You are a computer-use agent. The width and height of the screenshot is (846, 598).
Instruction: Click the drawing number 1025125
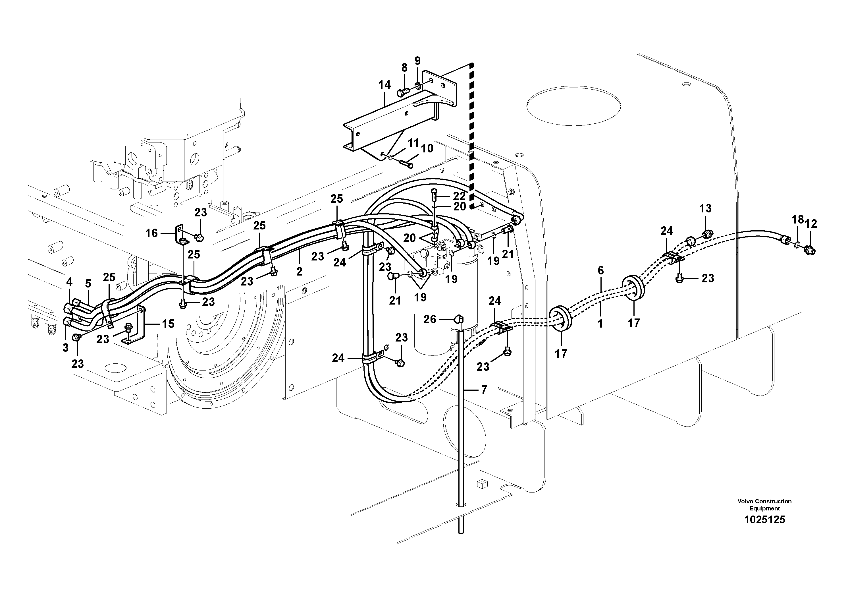click(x=764, y=520)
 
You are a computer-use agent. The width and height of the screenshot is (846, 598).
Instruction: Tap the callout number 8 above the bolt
click(x=404, y=68)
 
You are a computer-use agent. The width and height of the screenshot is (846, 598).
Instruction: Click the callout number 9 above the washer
click(x=417, y=61)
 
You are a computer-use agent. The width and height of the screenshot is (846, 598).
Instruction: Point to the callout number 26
click(x=430, y=319)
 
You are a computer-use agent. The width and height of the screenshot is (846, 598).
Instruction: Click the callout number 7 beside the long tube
click(x=484, y=390)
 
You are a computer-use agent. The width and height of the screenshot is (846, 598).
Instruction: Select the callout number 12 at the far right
click(x=811, y=224)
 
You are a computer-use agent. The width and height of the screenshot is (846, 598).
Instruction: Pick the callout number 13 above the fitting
click(x=705, y=209)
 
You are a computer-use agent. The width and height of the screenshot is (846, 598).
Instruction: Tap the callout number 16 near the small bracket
click(x=152, y=233)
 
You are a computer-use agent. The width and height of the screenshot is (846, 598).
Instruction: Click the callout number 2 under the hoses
click(x=299, y=272)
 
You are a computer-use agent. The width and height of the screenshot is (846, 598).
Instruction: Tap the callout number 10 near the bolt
click(x=427, y=149)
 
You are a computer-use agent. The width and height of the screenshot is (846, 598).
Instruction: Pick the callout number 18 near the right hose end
click(x=798, y=220)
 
